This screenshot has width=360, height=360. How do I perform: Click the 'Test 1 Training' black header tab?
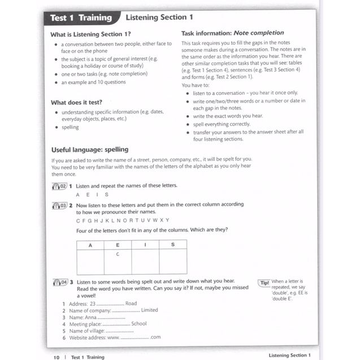tap(80, 18)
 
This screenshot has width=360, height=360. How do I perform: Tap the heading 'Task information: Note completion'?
tap(232, 33)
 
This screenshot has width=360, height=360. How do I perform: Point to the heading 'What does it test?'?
tap(76, 102)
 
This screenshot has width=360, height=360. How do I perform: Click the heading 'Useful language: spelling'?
tap(89, 150)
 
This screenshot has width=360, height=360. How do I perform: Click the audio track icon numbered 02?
tap(59, 185)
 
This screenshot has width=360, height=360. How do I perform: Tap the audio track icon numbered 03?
tap(59, 205)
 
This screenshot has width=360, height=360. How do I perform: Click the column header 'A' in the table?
tap(90, 245)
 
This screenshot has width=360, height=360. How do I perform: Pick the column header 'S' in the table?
tap(172, 245)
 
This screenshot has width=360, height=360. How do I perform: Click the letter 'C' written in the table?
tap(117, 254)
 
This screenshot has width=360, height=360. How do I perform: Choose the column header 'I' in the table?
tap(145, 245)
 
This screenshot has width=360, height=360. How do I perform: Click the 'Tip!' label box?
tap(264, 283)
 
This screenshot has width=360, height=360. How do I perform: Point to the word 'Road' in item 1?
tap(131, 303)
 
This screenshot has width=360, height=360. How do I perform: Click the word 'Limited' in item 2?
tap(149, 310)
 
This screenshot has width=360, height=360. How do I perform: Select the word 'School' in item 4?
tap(138, 324)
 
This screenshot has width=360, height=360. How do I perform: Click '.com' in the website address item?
tap(155, 337)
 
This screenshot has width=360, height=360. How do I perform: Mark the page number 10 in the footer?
tap(56, 357)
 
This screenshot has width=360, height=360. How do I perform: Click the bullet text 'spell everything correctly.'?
tap(221, 123)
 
